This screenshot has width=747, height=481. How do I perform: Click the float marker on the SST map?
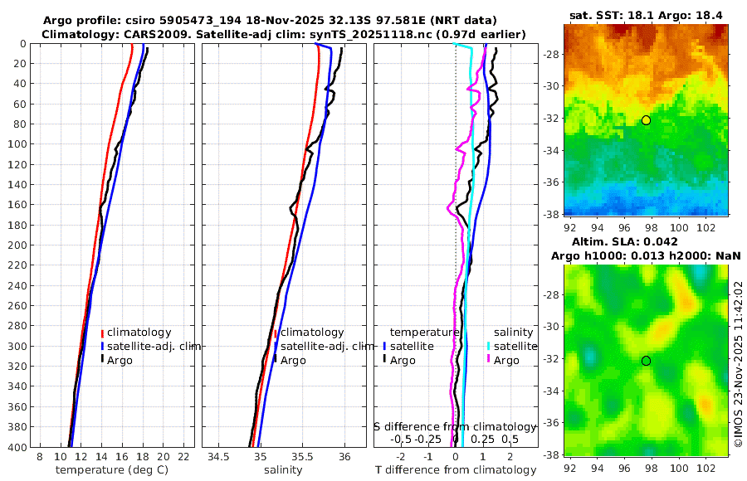(x=646, y=120)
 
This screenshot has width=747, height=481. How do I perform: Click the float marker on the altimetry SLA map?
(x=646, y=361)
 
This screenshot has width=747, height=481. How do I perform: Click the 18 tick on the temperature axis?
(x=142, y=457)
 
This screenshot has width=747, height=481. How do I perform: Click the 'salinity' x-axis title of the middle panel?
(x=282, y=470)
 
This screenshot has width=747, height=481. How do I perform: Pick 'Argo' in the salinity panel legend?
(x=293, y=360)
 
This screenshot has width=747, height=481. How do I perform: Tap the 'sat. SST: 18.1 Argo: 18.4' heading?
(x=646, y=16)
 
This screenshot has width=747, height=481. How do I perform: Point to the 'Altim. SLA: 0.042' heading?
(x=633, y=241)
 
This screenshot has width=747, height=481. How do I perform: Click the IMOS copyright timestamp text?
(x=738, y=365)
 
